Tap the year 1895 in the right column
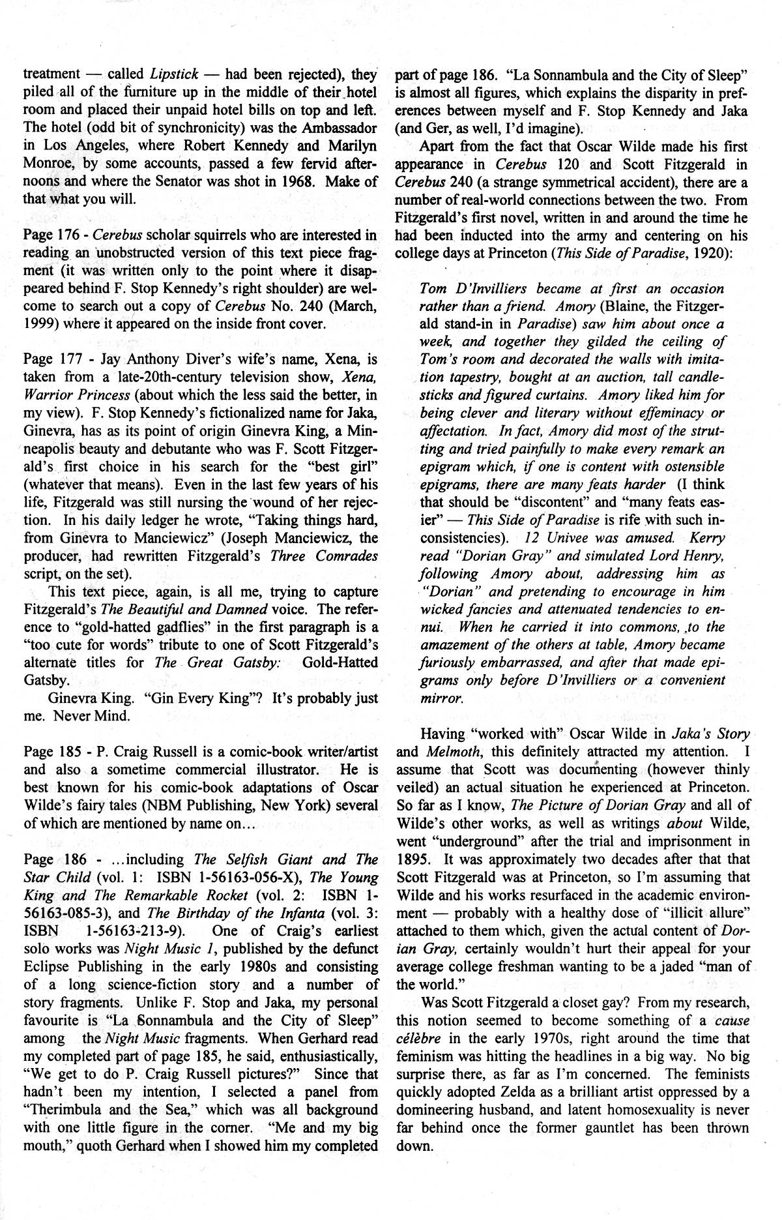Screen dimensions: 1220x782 pyautogui.click(x=412, y=859)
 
